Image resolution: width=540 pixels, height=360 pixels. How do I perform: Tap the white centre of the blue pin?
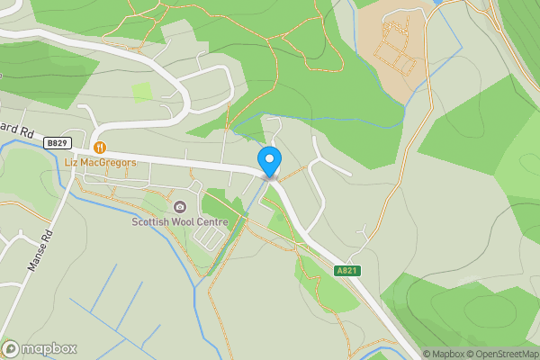(x=269, y=159)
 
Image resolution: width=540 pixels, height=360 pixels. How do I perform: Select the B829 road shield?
(x=57, y=143)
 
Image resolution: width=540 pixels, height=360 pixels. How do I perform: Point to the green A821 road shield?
(x=347, y=270)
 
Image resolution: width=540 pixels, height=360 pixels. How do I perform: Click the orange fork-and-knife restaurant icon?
(x=100, y=148)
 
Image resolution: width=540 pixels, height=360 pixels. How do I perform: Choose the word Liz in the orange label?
(x=72, y=163)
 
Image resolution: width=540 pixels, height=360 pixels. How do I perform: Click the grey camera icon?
(x=180, y=207)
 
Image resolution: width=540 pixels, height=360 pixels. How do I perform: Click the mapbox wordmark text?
(x=49, y=348)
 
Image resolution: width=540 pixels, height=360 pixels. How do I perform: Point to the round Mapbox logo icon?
(x=11, y=348)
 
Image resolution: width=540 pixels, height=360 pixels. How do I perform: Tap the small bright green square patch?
(x=142, y=92)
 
